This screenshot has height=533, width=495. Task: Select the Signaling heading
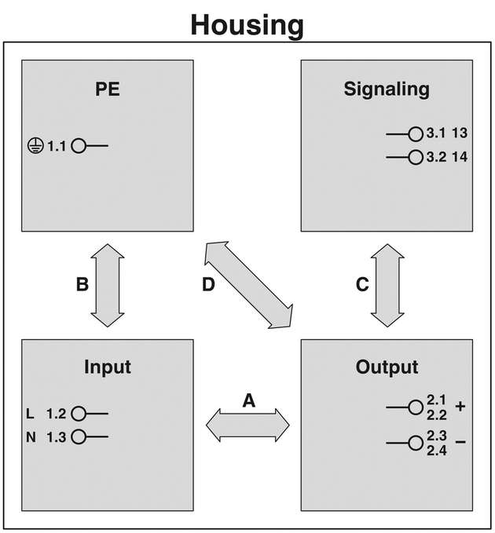pyautogui.click(x=387, y=89)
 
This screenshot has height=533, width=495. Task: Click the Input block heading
pyautogui.click(x=108, y=367)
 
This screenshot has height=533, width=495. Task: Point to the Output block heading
pyautogui.click(x=387, y=367)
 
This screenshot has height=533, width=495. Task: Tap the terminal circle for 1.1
pyautogui.click(x=79, y=146)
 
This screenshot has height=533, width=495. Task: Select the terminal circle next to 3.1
pyautogui.click(x=415, y=133)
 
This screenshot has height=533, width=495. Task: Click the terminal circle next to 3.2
pyautogui.click(x=415, y=157)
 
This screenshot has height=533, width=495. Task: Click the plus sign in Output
pyautogui.click(x=460, y=407)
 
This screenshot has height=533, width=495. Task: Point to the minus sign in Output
pyautogui.click(x=460, y=443)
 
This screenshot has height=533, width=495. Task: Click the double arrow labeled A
pyautogui.click(x=247, y=425)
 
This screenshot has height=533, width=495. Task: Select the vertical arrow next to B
pyautogui.click(x=108, y=285)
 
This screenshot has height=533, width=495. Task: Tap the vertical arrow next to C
pyautogui.click(x=387, y=285)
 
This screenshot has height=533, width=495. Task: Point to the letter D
pyautogui.click(x=207, y=285)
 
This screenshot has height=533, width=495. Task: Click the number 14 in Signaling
pyautogui.click(x=460, y=157)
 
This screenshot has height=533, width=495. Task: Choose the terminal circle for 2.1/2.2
pyautogui.click(x=415, y=407)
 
